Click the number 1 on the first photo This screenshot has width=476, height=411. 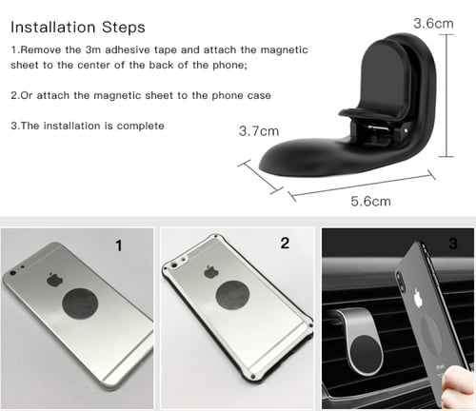tap(119, 246)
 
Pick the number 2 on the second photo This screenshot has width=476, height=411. tap(285, 244)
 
